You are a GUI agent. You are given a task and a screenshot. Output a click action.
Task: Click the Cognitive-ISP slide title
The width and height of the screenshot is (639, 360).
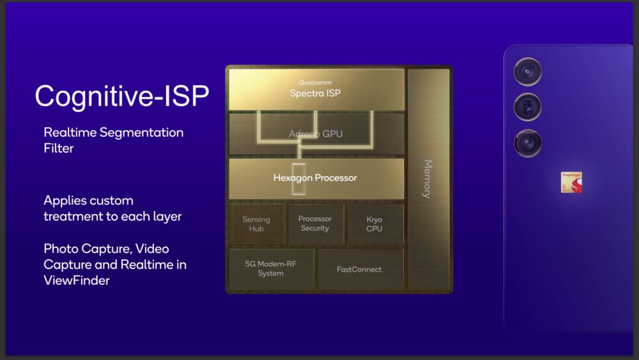tap(121, 96)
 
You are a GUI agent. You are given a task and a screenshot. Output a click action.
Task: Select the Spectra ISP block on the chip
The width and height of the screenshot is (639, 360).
tap(316, 90)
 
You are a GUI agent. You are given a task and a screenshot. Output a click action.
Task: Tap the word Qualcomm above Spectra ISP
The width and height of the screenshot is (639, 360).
tap(316, 82)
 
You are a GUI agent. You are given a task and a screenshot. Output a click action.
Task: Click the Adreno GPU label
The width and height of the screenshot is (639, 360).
tap(316, 134)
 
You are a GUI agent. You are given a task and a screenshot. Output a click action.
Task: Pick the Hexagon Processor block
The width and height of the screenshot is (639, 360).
tap(316, 178)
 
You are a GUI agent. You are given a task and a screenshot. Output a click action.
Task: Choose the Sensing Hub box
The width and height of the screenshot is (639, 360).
tap(256, 224)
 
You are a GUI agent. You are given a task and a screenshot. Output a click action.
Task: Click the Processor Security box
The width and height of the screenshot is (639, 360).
tap(315, 224)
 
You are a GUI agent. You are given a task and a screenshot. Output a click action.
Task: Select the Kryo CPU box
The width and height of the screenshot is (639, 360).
tap(374, 224)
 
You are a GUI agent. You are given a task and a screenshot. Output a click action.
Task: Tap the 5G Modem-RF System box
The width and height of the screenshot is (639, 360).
tap(271, 269)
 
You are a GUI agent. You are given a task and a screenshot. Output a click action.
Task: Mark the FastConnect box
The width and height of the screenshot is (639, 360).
tap(359, 269)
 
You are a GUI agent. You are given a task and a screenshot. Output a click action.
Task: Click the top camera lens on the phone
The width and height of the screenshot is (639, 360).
tap(528, 72)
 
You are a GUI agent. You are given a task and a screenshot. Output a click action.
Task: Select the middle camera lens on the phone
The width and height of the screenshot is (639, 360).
tap(528, 107)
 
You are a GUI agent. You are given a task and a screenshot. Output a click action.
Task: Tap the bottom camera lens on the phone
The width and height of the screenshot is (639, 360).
tap(528, 143)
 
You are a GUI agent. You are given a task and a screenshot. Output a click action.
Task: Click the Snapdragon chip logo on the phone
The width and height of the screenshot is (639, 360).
tap(571, 183)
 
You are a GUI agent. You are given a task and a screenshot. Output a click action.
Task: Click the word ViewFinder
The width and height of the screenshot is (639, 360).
tap(77, 280)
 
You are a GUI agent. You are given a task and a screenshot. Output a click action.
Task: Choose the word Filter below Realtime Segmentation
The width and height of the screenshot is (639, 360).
tap(58, 148)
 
